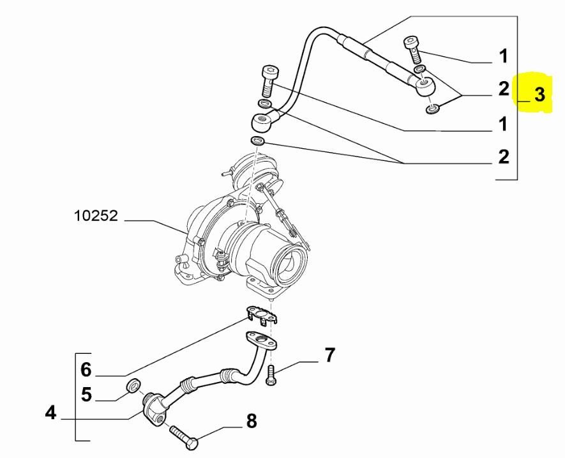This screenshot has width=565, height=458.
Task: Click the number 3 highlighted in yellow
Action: (539, 95)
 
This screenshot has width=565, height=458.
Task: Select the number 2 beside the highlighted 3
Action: (504, 89)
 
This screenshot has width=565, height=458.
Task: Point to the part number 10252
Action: (96, 216)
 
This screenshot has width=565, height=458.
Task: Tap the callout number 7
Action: (329, 355)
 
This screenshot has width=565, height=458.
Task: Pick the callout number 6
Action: (86, 369)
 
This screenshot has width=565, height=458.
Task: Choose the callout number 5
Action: (86, 394)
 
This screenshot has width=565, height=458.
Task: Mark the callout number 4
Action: (51, 413)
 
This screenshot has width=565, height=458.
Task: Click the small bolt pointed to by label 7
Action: (271, 376)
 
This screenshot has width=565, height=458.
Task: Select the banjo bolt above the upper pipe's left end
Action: (269, 79)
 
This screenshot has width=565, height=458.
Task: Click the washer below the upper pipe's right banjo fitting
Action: (432, 109)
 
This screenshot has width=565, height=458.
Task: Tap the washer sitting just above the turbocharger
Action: (259, 141)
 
